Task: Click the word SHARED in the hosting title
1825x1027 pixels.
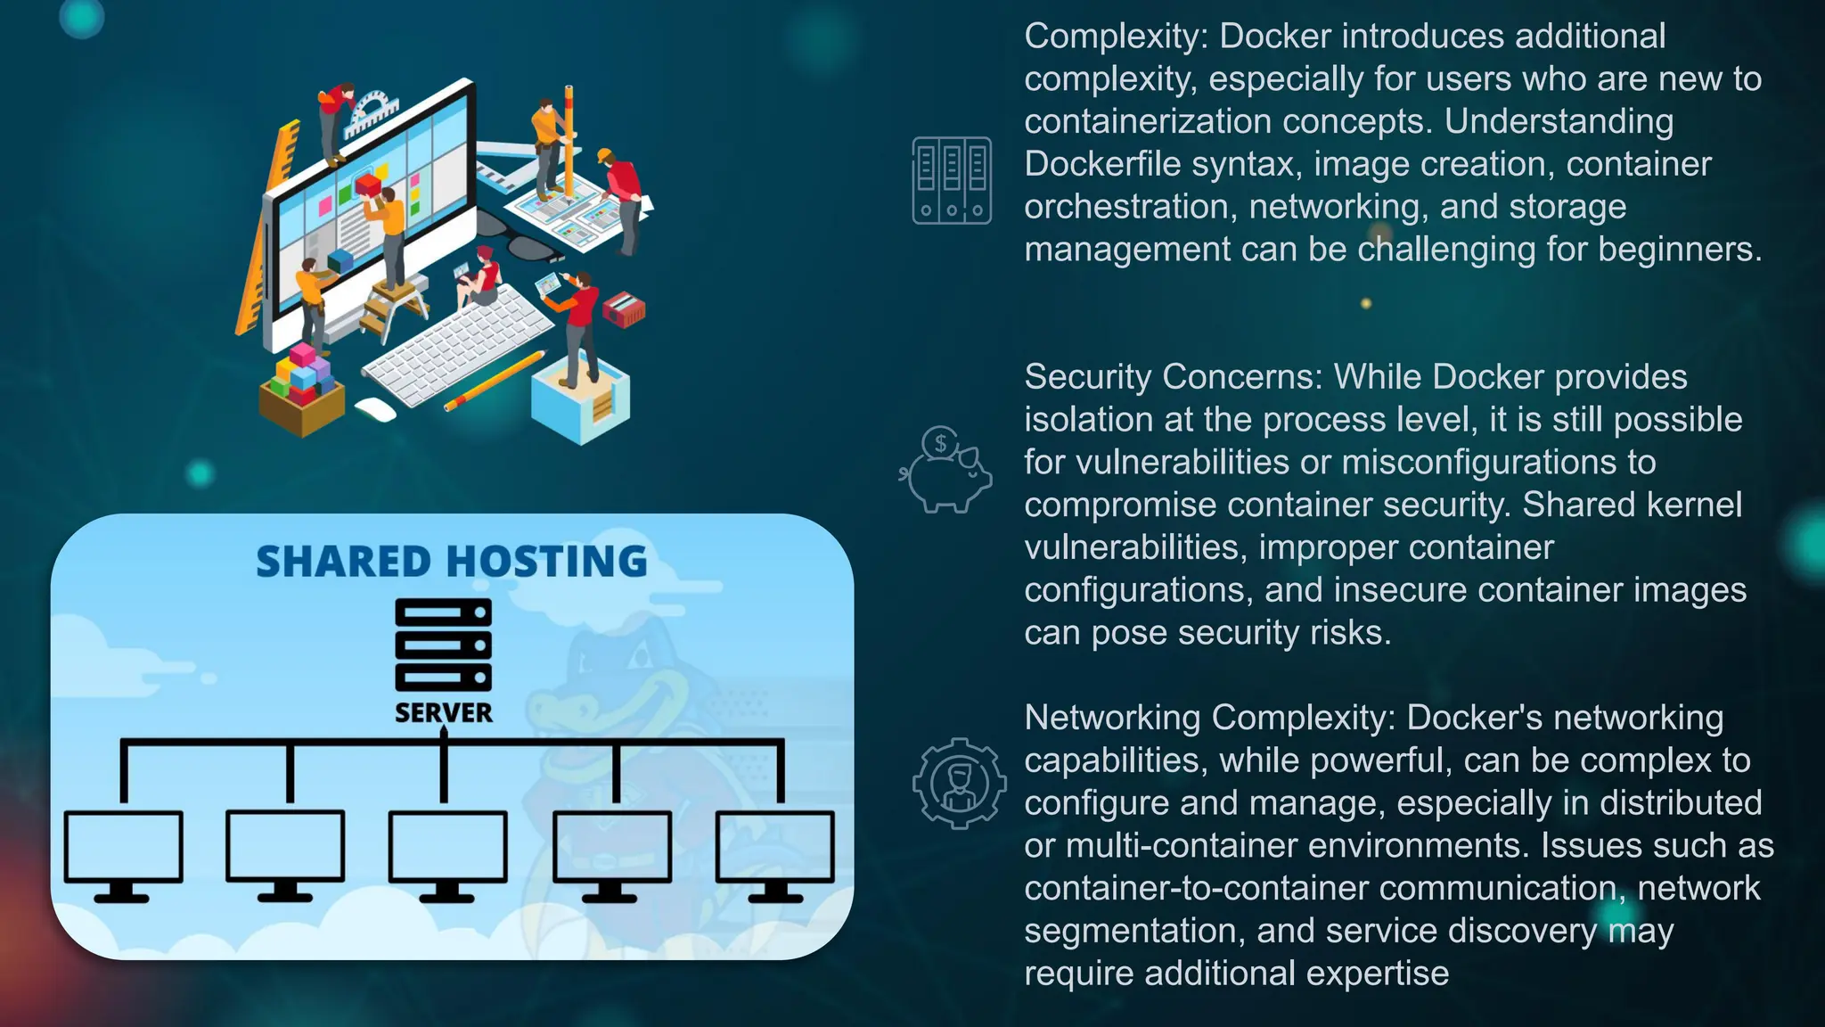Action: (343, 562)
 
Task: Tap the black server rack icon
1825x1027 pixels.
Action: (443, 645)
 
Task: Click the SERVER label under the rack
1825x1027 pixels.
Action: (443, 712)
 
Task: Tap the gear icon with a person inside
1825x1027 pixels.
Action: (959, 784)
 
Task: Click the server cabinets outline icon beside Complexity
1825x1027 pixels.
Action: (951, 180)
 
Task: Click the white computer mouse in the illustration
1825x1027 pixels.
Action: (375, 410)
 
